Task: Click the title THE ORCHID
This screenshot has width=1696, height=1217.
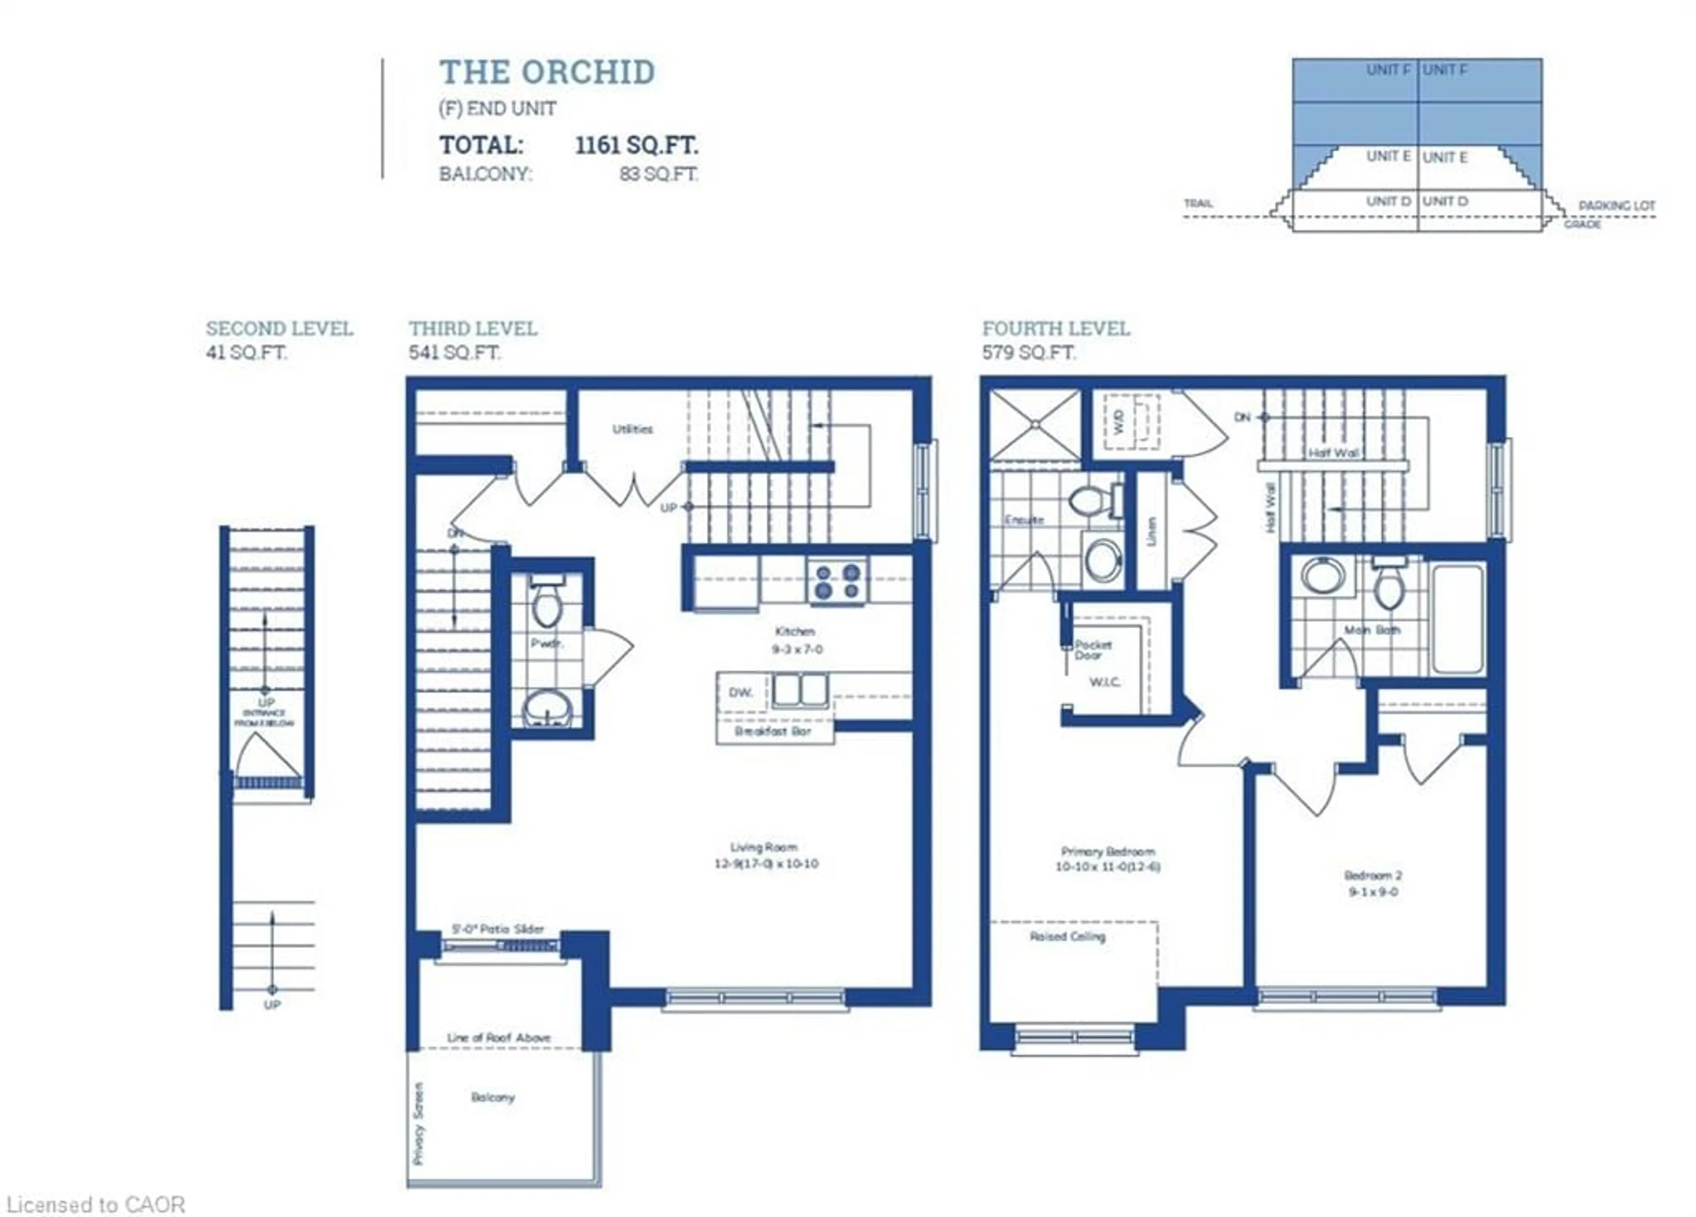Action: [547, 72]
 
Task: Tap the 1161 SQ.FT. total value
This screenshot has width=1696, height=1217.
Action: [636, 144]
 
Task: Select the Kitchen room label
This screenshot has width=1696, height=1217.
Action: [794, 631]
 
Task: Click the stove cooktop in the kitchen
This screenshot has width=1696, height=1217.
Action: [837, 582]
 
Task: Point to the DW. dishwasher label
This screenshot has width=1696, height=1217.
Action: [740, 693]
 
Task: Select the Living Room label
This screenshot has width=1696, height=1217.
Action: [764, 847]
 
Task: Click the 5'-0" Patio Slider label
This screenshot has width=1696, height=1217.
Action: [498, 929]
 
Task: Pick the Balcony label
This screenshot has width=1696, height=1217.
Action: [493, 1096]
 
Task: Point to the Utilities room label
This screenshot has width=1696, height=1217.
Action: [632, 429]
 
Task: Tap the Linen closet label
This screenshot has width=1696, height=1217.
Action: [1151, 531]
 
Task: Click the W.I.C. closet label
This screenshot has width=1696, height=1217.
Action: [1105, 682]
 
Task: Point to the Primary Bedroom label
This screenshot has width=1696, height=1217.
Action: [1108, 851]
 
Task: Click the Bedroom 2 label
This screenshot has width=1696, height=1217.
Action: [1373, 875]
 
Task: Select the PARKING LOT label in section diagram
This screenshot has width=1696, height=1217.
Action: [1617, 205]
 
